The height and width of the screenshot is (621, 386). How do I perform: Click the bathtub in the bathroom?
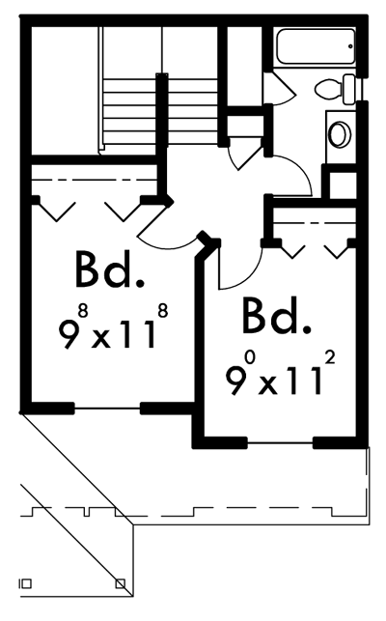point(316,46)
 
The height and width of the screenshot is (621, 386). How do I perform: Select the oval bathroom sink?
point(340,134)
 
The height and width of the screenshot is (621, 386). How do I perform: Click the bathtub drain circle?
point(350,46)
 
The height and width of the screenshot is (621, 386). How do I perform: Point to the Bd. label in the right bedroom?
point(276,317)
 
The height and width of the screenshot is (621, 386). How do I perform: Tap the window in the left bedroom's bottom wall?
point(107,409)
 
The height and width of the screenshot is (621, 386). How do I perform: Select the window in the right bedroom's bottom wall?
point(280,442)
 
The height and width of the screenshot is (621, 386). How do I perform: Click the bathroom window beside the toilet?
point(361,89)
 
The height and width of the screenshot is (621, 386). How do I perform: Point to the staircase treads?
point(160,111)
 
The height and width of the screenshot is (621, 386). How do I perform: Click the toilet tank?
point(349,89)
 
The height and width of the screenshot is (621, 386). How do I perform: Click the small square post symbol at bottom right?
point(121,583)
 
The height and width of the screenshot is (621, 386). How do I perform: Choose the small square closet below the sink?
point(343,185)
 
